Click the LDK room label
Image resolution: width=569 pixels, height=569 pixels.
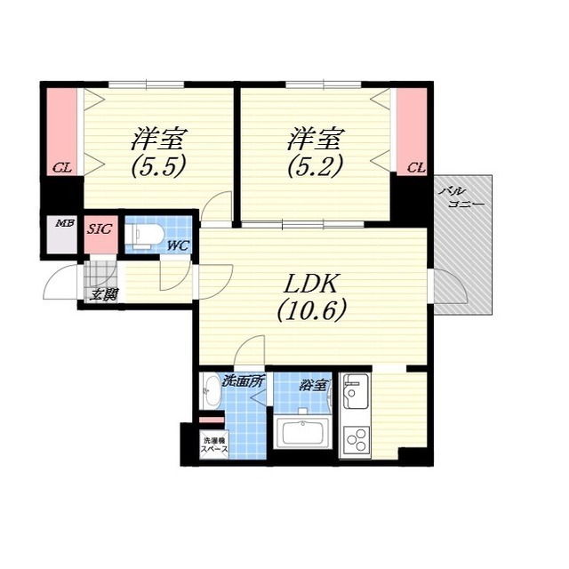(311, 284)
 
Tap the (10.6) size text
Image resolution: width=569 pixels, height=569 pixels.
(311, 310)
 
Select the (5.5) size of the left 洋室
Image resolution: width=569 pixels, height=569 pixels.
(158, 165)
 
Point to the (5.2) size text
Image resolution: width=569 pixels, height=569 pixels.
(315, 165)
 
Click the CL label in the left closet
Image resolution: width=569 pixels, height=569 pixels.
(62, 168)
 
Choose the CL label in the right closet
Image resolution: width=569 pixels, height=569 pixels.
(416, 168)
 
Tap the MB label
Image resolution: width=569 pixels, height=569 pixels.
(65, 223)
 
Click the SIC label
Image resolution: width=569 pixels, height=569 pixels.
(100, 229)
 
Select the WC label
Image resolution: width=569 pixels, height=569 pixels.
(178, 246)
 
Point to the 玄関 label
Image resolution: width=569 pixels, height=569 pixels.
(104, 295)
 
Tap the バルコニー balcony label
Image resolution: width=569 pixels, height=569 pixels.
(461, 197)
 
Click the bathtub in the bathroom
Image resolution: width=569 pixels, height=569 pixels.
(303, 433)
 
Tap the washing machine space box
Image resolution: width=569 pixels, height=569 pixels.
(214, 445)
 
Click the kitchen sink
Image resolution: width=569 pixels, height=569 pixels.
(356, 391)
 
